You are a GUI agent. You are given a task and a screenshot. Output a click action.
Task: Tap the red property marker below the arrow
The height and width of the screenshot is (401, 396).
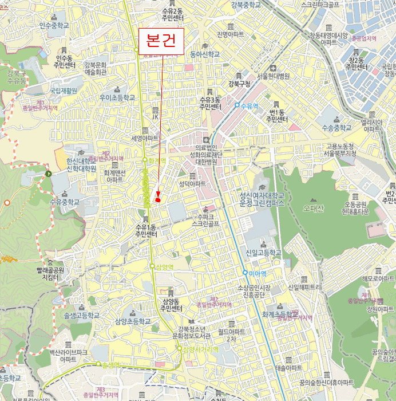pyautogui.click(x=157, y=199)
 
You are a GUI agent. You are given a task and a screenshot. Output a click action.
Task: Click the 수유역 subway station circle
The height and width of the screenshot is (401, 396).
pyautogui.click(x=237, y=105)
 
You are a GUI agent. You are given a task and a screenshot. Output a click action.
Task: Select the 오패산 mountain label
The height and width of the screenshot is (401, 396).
pyautogui.click(x=314, y=207)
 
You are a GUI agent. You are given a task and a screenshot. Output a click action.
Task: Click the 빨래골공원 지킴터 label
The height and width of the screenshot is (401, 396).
pyautogui.click(x=51, y=273)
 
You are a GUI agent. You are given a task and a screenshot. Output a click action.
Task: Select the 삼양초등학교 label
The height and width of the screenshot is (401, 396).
pyautogui.click(x=133, y=321)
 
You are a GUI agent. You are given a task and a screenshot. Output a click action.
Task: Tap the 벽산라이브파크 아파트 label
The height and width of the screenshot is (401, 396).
pyautogui.click(x=68, y=355)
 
